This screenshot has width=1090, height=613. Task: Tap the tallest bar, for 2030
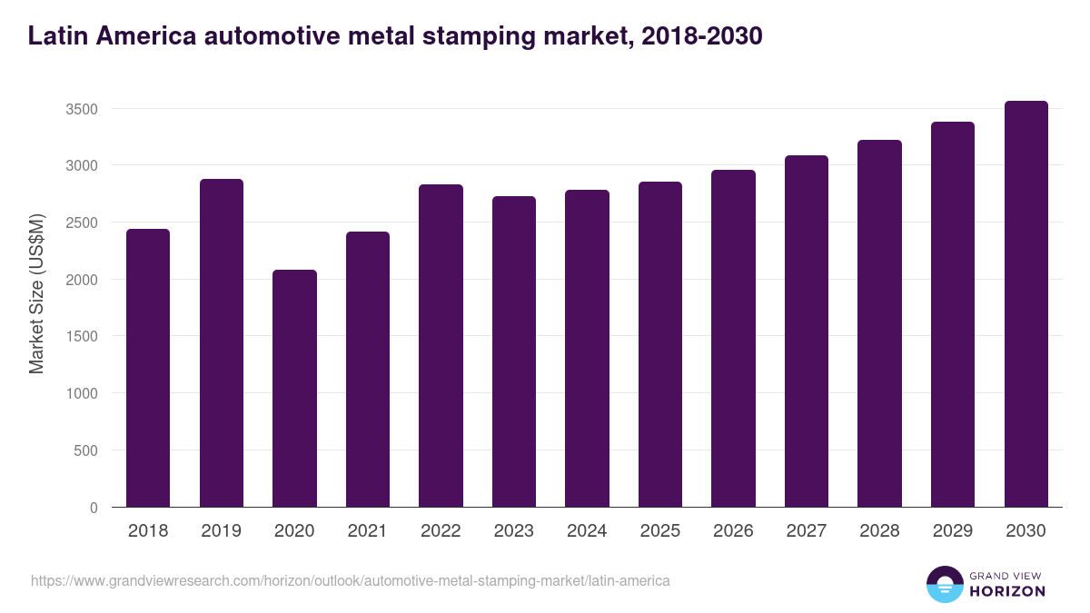[x=1026, y=304]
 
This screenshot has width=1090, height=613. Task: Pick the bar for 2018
[x=148, y=368]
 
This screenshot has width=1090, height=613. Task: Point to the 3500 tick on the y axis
[x=81, y=109]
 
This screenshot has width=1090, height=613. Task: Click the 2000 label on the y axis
[x=81, y=280]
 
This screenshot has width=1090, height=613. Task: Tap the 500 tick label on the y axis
[x=85, y=450]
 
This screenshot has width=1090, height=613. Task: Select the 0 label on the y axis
[x=93, y=508]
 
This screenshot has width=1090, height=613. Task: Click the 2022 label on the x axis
[x=441, y=531]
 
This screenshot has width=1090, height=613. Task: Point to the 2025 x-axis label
[x=659, y=531]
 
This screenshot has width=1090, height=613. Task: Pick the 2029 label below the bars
[x=952, y=531]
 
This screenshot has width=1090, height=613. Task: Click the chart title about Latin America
[x=394, y=35]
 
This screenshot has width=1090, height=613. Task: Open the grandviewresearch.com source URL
[x=350, y=580]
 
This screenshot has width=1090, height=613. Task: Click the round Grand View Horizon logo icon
[x=944, y=584]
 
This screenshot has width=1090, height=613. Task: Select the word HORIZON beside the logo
[x=1006, y=591]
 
